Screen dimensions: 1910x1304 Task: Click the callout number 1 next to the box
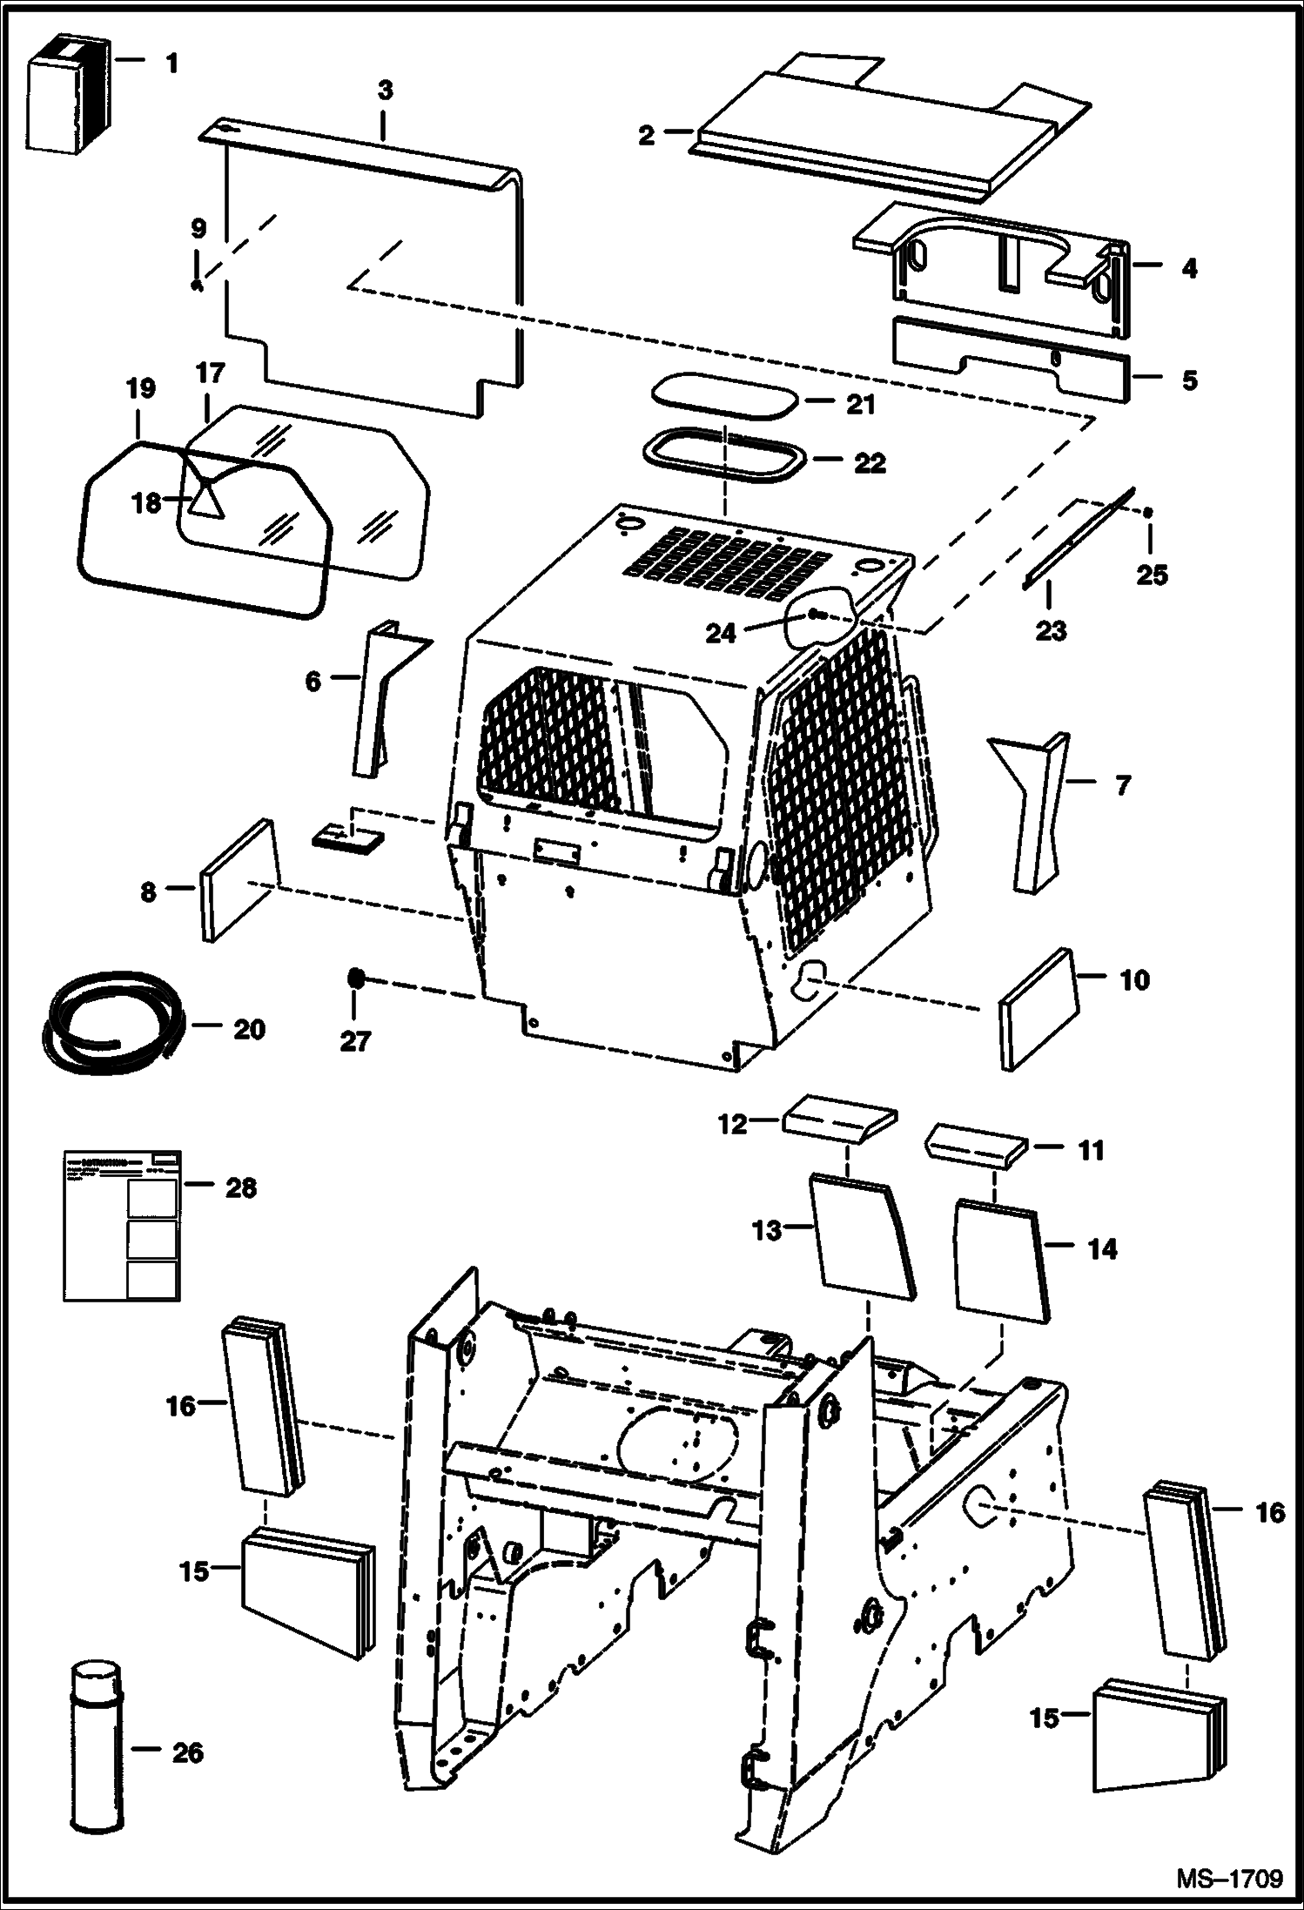[171, 64]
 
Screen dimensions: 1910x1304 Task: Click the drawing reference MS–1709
[1228, 1879]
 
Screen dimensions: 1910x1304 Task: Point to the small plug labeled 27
[354, 979]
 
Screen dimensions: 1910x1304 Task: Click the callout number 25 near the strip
[1152, 575]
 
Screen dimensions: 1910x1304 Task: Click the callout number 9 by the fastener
[198, 230]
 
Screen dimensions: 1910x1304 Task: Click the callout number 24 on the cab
[721, 633]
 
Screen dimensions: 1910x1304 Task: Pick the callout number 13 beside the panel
[767, 1231]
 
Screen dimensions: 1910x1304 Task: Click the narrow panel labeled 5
[1010, 359]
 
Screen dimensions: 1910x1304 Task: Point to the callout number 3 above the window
[385, 90]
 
